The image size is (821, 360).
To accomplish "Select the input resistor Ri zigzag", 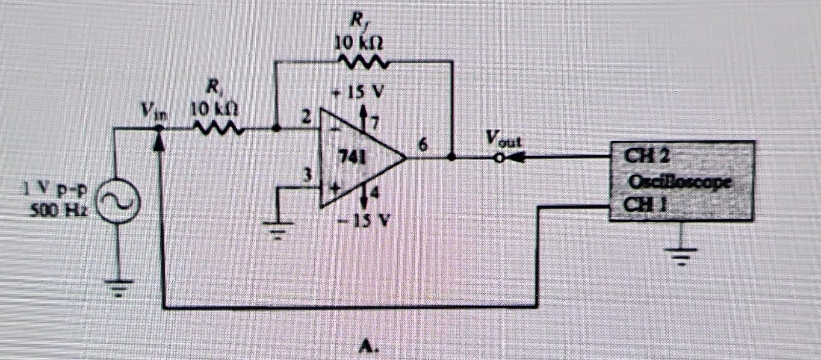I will [x=219, y=127].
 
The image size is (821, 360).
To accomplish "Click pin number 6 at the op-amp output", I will [x=422, y=145].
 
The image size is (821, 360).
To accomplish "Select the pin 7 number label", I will [x=375, y=124].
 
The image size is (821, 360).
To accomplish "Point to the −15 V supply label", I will [x=362, y=221].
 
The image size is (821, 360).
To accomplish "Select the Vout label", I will [x=504, y=139].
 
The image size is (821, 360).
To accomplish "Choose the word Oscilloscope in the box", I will [x=679, y=182].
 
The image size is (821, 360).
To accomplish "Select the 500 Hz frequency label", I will [x=59, y=210].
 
